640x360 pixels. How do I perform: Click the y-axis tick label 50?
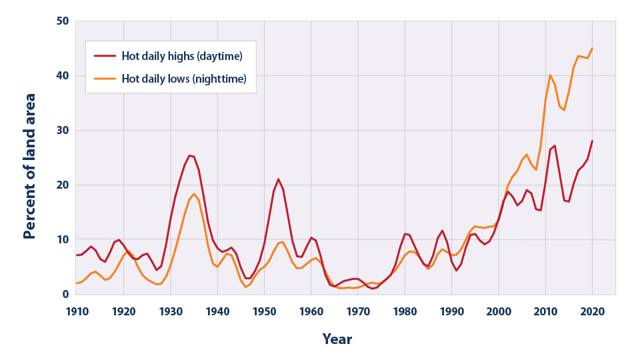[x=61, y=21]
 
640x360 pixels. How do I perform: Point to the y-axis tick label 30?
[x=61, y=131]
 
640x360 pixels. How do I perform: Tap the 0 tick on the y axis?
[x=65, y=295]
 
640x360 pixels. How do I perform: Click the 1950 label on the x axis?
[x=265, y=311]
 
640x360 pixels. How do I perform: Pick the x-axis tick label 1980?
[x=405, y=311]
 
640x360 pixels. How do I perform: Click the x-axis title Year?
[x=337, y=339]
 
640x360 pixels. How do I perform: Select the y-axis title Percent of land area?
[x=30, y=167]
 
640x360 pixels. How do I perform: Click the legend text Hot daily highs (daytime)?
[x=181, y=55]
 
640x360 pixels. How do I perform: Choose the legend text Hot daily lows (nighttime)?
[x=184, y=78]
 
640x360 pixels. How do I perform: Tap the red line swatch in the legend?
[x=105, y=55]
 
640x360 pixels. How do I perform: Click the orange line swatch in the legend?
[x=105, y=78]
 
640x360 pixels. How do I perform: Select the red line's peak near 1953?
[x=279, y=179]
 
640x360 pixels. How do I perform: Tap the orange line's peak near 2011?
[x=550, y=75]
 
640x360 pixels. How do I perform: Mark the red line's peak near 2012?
[x=555, y=145]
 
